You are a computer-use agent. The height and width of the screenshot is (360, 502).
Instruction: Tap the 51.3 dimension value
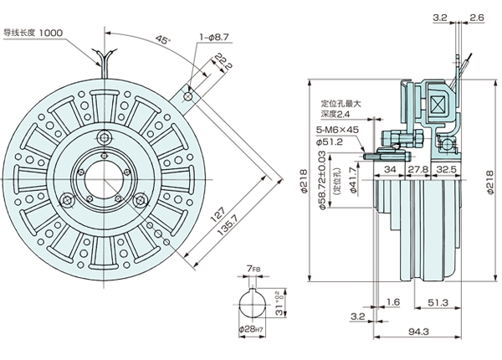tap(438, 301)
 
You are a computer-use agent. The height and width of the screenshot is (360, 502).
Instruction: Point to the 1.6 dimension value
tap(393, 301)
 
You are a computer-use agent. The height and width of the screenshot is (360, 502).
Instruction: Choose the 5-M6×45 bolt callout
tap(336, 131)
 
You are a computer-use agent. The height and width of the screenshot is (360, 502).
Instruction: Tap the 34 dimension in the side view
tap(389, 171)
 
